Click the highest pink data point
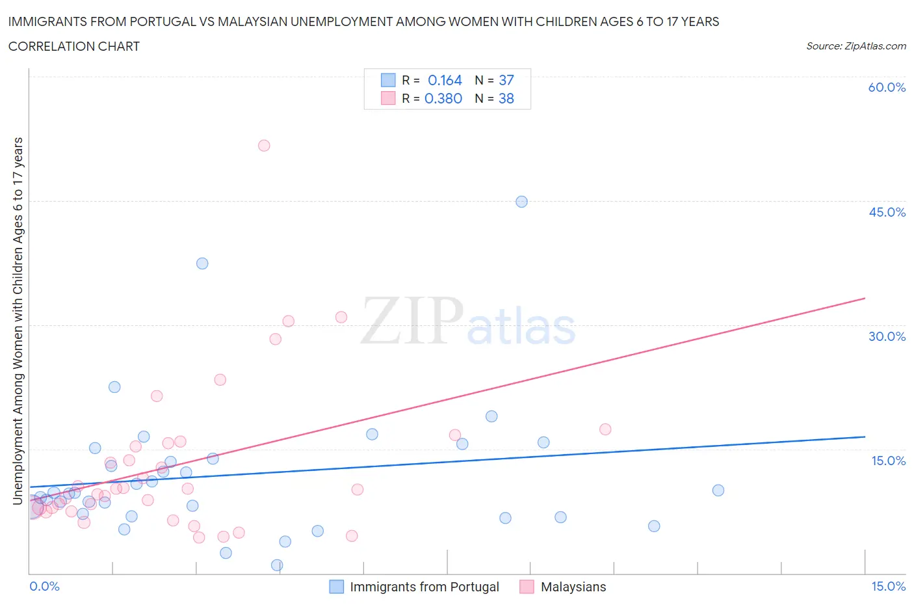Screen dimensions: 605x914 tap(264, 146)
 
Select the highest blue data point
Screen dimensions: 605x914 tap(521, 202)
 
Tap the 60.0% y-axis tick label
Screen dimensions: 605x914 tap(887, 88)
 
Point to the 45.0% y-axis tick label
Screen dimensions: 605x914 tap(887, 212)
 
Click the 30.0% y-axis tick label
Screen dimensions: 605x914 tap(887, 336)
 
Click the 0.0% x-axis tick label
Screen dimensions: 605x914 tap(45, 587)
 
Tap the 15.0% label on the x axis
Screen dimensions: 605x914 tap(888, 587)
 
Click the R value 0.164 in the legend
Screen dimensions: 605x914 tap(445, 81)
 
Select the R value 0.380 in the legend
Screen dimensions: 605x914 tap(443, 99)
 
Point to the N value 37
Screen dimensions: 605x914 tap(506, 81)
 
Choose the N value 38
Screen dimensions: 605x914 tap(506, 99)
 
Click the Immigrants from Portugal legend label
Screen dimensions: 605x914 tap(424, 587)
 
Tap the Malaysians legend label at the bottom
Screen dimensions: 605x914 tap(573, 587)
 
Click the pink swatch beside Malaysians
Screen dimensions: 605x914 tap(527, 587)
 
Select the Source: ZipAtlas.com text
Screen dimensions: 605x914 tap(855, 46)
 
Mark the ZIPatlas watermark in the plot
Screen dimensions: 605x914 tap(468, 322)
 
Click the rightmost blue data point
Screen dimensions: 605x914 tap(718, 491)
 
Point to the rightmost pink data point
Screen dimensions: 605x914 tap(605, 429)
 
